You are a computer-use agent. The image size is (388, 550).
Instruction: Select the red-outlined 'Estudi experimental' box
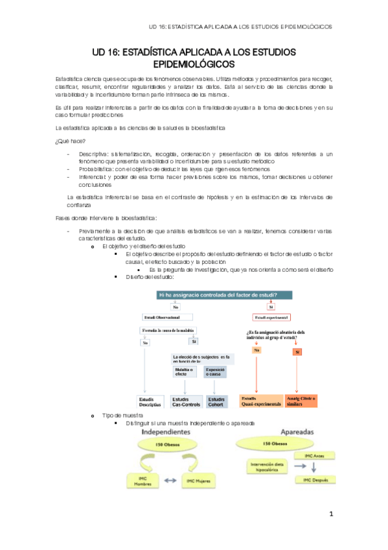[x=271, y=318]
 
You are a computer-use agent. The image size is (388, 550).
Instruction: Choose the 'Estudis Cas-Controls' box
[x=185, y=401]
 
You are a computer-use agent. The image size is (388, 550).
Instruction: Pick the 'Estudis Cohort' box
[x=216, y=401]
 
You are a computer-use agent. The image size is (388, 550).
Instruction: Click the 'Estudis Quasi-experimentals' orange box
[x=261, y=401]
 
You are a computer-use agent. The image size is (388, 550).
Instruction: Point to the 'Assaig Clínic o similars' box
[x=301, y=401]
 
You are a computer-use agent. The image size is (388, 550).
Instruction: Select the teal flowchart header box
[x=225, y=294]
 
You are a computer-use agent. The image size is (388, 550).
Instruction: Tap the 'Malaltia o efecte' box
[x=185, y=372]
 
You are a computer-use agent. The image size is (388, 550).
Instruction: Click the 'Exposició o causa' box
[x=215, y=372]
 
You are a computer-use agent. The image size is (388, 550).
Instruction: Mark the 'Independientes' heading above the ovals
[x=166, y=431]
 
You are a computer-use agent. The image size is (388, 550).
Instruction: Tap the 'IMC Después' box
[x=315, y=481]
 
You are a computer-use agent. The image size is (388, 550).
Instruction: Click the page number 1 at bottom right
[x=331, y=514]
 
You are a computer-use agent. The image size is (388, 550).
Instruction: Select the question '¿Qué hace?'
[x=71, y=141]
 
